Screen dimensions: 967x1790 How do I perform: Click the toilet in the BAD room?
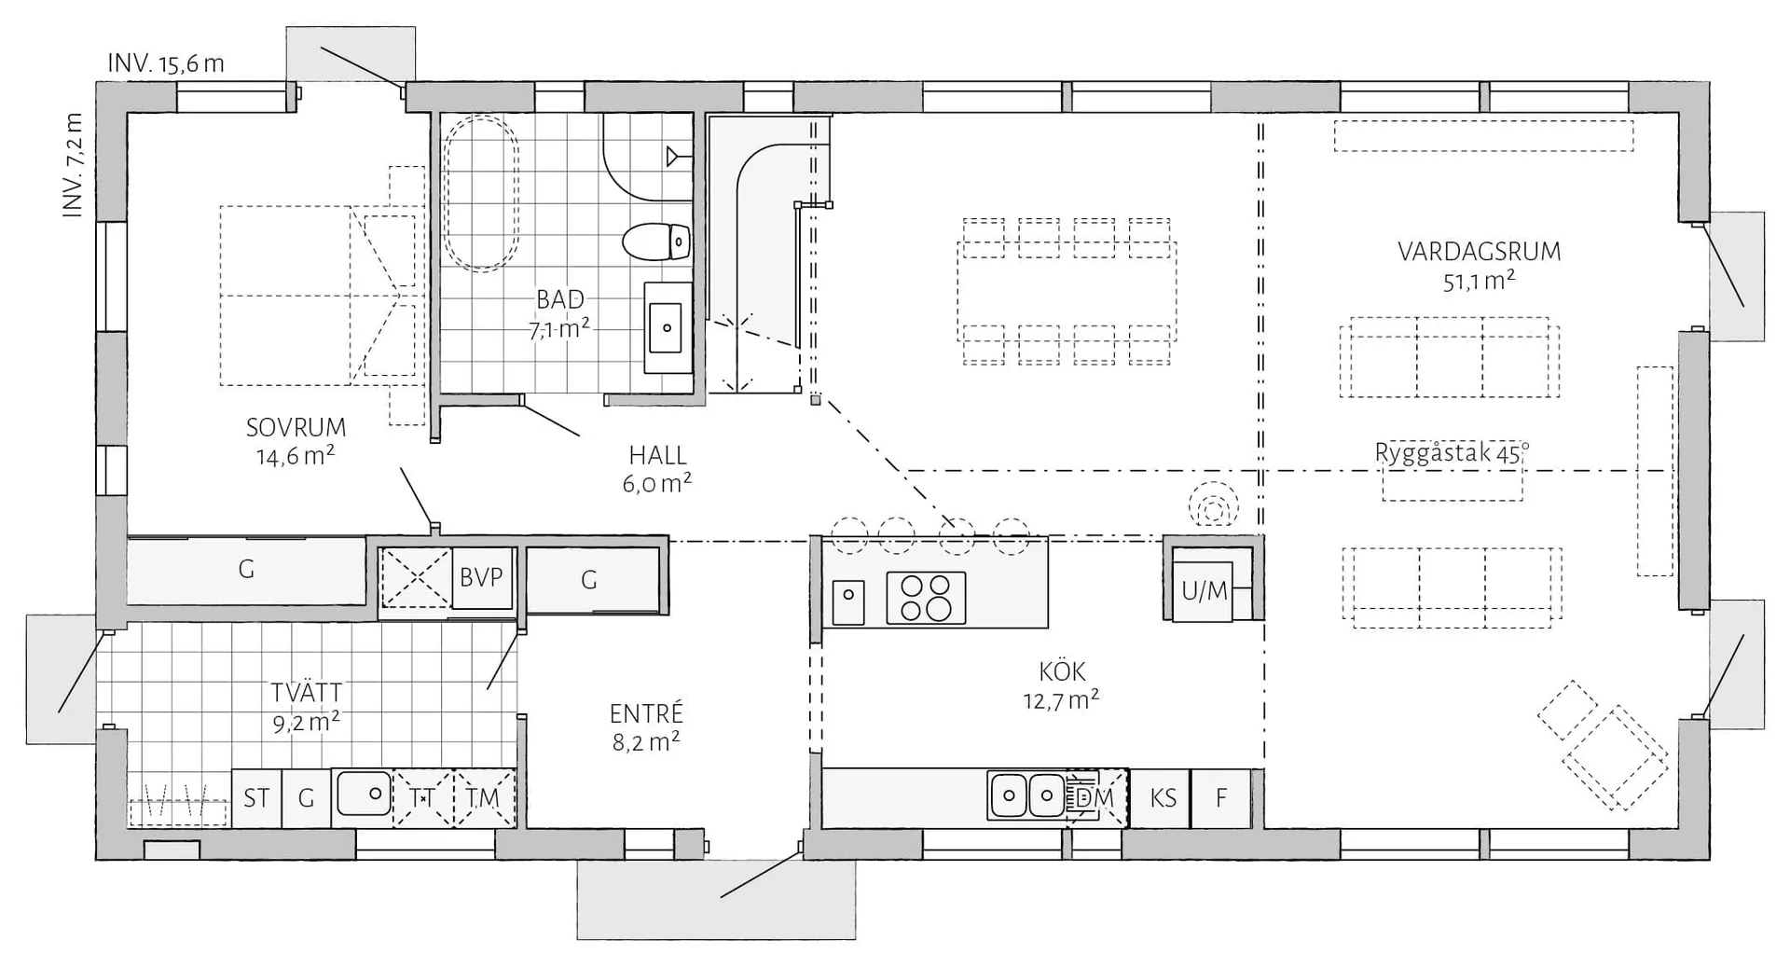point(655,242)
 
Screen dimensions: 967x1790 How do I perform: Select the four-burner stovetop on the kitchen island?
point(925,598)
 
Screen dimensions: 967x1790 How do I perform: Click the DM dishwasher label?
point(1095,798)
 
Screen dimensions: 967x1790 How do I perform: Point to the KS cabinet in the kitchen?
point(1163,798)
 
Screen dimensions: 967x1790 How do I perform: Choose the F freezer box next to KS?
point(1220,798)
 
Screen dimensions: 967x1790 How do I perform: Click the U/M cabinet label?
point(1204,590)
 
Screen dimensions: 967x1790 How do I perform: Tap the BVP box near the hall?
point(481,578)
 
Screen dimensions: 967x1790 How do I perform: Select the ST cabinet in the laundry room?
point(256,798)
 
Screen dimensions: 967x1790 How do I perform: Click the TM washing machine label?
point(483,798)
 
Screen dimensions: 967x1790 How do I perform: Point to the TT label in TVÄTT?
point(422,798)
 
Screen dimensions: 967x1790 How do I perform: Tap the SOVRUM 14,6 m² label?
point(296,441)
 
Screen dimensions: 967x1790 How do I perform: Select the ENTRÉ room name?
point(646,714)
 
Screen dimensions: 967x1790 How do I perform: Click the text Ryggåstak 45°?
point(1452,454)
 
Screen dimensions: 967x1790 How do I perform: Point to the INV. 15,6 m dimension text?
point(166,64)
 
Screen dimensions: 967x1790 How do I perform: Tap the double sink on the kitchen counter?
point(1026,795)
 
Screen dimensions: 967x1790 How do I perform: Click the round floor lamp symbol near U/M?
point(1213,509)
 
